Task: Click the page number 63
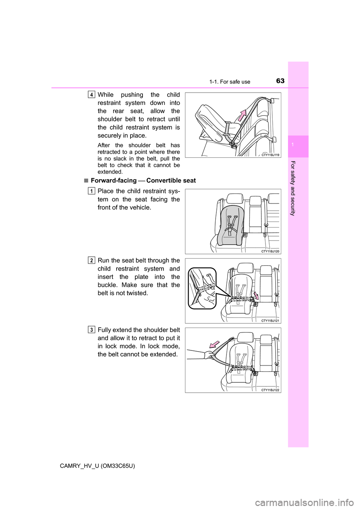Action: click(x=280, y=81)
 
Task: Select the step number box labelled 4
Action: click(x=92, y=94)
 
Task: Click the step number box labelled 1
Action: click(x=92, y=191)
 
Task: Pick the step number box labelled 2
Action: click(x=92, y=260)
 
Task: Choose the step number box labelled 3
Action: click(x=92, y=330)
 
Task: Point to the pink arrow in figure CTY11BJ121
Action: click(x=256, y=295)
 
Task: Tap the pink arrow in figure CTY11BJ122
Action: click(x=215, y=344)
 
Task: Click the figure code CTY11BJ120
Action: click(x=270, y=251)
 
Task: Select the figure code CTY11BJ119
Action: click(x=270, y=154)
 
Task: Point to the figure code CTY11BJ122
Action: click(x=270, y=390)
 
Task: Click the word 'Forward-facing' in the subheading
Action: click(x=114, y=181)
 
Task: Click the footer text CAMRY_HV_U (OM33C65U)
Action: click(x=97, y=466)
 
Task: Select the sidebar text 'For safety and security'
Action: click(x=293, y=188)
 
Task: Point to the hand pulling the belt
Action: click(x=208, y=354)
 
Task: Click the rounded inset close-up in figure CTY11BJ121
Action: click(x=202, y=288)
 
